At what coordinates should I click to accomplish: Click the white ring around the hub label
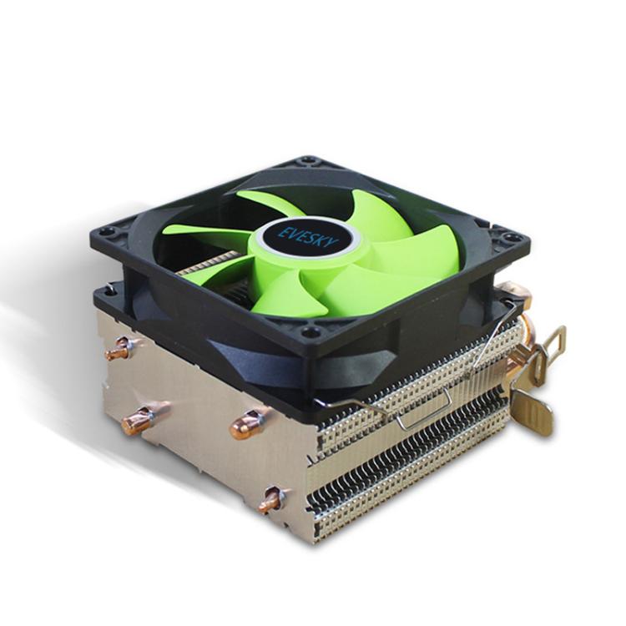(x=310, y=255)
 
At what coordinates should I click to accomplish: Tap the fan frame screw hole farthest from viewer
(x=309, y=160)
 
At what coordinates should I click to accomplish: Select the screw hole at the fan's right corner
(x=512, y=239)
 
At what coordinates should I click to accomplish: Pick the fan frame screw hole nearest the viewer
(x=311, y=331)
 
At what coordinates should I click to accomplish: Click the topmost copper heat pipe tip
(x=116, y=351)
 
